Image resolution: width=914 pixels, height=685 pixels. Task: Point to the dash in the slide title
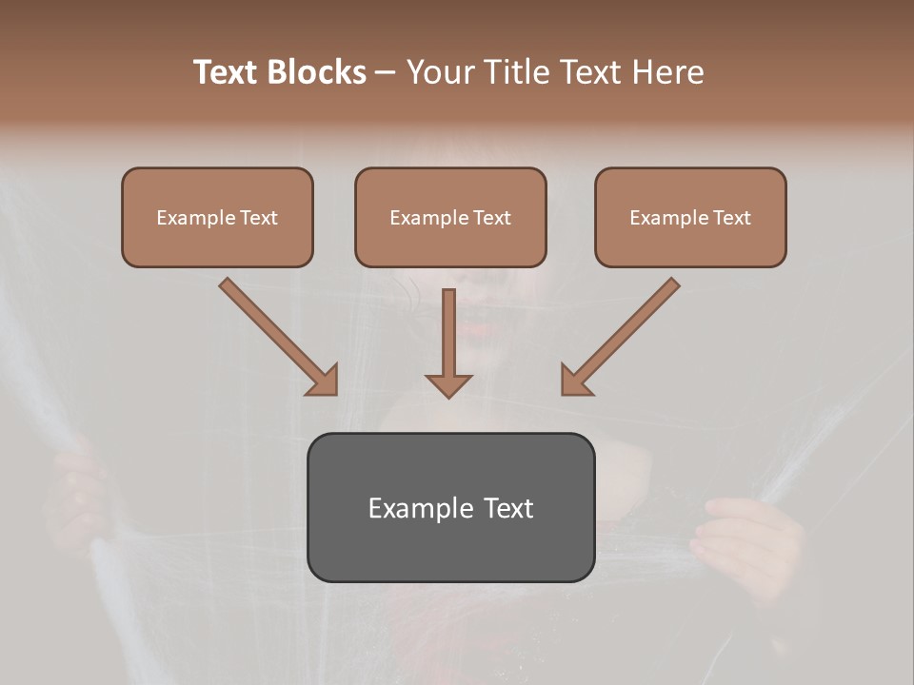(386, 73)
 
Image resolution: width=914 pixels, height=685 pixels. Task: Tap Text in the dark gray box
(507, 508)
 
